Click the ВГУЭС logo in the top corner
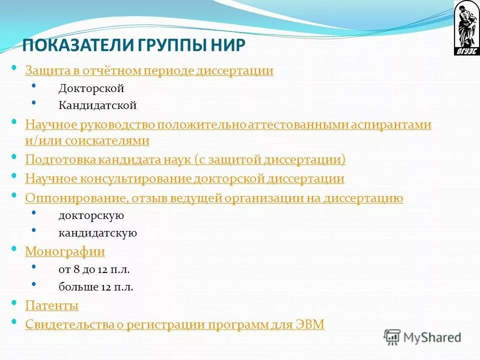click(466, 28)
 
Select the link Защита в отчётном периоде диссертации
click(149, 70)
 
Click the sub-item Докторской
click(91, 88)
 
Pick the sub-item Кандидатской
click(97, 105)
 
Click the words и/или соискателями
click(87, 140)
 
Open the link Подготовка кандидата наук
click(185, 159)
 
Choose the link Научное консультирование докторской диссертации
click(184, 178)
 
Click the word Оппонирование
click(74, 198)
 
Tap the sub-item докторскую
click(91, 216)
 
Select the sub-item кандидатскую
click(97, 233)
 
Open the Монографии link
click(65, 251)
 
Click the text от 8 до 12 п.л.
click(94, 269)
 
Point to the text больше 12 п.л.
click(95, 287)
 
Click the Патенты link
click(52, 305)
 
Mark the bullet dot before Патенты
click(14, 303)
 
